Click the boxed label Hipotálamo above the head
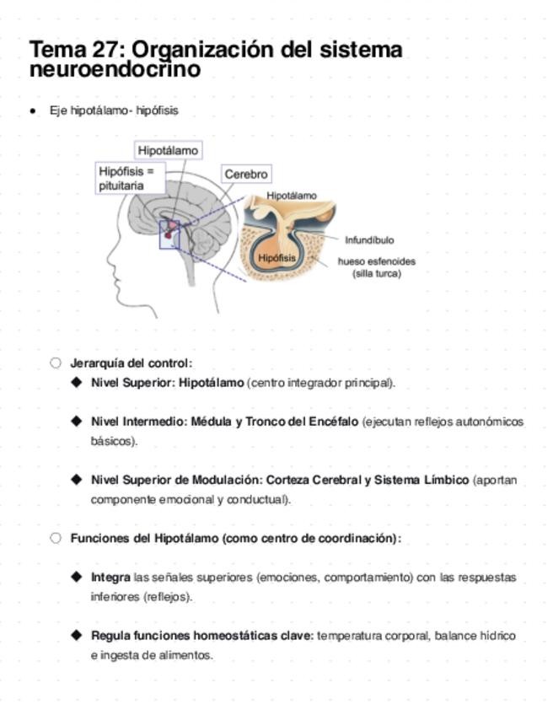[168, 150]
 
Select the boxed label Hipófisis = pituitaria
[126, 178]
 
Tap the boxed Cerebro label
[246, 175]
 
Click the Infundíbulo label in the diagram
[368, 240]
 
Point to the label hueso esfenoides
[376, 261]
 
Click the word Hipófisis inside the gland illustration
[276, 257]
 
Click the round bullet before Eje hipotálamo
[33, 110]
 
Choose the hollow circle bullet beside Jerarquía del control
[56, 363]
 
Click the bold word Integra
[110, 578]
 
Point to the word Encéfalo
[333, 421]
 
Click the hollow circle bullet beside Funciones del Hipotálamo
[56, 538]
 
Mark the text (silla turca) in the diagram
[376, 274]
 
